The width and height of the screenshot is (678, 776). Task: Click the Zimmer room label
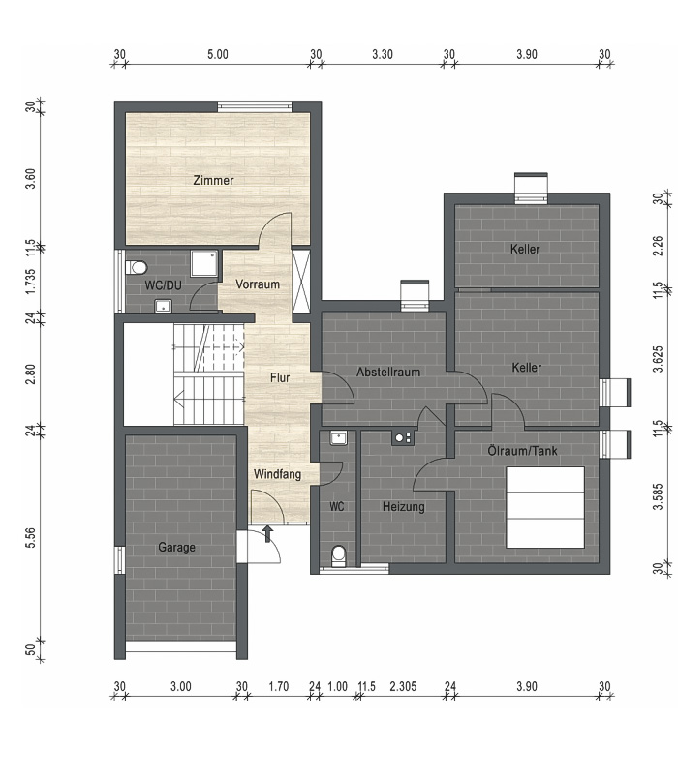[213, 180]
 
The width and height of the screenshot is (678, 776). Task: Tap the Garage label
[177, 548]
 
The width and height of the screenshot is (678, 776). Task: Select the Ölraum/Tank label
[522, 450]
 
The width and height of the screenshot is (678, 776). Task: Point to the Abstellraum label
[388, 372]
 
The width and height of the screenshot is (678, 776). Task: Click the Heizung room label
[404, 507]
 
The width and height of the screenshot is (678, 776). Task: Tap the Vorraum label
[258, 284]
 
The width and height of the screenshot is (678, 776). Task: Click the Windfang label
[277, 474]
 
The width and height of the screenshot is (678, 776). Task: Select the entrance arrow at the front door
[268, 533]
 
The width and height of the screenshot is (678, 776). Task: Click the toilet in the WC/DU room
[137, 268]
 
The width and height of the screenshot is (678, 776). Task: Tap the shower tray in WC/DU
[204, 263]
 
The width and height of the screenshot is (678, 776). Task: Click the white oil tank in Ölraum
[545, 507]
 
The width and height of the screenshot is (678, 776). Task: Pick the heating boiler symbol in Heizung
[403, 437]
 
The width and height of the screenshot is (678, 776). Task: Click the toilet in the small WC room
[339, 555]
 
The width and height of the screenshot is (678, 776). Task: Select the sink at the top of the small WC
[339, 438]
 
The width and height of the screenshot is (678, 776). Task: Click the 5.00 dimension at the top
[218, 54]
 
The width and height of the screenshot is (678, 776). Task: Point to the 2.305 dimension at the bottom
[403, 686]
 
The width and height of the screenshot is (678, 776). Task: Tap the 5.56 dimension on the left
[31, 537]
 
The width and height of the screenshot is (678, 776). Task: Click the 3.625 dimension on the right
[658, 359]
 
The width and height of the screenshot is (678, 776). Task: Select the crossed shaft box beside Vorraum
[300, 283]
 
